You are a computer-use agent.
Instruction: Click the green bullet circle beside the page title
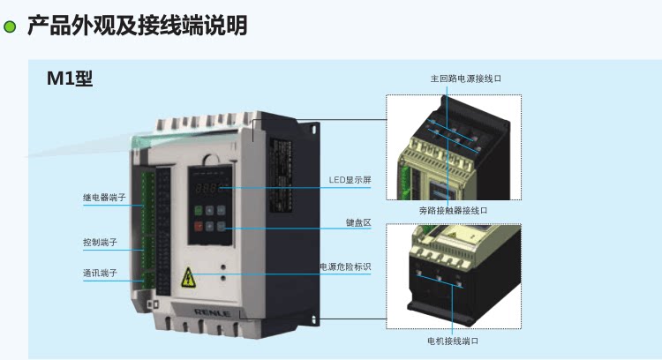11,26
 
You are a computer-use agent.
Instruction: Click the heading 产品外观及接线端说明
138,26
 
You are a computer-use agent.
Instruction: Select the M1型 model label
70,79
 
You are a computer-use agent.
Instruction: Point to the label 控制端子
101,241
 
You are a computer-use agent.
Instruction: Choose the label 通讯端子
101,273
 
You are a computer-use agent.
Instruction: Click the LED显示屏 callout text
350,179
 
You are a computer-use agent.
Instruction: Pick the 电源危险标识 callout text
345,266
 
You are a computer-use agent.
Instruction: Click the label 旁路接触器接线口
453,211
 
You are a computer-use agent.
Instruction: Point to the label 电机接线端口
452,341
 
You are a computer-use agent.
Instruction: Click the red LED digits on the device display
208,189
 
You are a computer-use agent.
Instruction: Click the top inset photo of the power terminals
453,150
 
